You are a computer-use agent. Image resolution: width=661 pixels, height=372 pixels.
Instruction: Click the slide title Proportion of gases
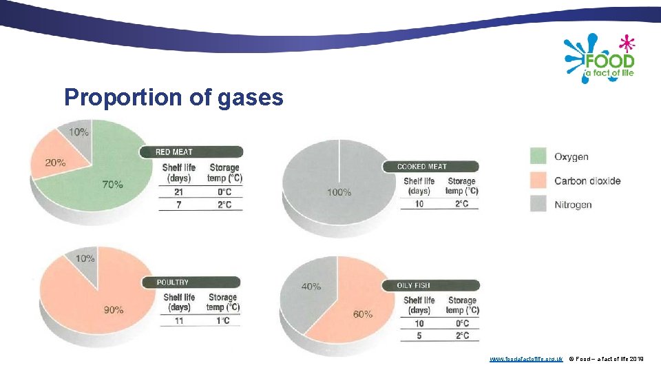174,97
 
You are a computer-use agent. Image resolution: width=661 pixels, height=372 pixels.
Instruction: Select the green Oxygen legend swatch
538,156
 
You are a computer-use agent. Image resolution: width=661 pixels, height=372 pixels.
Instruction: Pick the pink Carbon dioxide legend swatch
538,180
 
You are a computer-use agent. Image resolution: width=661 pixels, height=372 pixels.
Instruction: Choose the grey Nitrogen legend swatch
538,205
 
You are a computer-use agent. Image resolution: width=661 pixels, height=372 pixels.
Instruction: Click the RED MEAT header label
174,152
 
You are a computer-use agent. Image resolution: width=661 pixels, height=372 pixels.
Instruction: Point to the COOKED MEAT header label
422,167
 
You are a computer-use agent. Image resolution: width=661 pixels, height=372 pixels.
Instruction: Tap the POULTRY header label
172,282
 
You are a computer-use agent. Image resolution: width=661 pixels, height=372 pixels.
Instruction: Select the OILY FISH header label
414,286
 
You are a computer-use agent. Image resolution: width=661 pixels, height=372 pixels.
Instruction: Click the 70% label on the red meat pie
112,184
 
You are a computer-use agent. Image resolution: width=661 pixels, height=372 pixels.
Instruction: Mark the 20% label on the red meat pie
56,163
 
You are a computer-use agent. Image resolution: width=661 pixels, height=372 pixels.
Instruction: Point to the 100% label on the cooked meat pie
339,192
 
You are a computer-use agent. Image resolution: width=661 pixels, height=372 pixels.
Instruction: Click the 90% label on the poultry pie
114,310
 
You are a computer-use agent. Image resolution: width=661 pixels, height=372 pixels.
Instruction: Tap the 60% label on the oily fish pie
362,314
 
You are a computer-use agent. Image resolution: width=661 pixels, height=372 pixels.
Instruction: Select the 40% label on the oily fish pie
311,286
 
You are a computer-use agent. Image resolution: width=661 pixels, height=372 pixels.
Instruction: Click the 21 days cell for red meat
178,192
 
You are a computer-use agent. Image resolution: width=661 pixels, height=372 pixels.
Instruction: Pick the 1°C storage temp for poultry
222,321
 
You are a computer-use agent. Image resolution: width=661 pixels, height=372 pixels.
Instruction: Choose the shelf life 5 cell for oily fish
419,335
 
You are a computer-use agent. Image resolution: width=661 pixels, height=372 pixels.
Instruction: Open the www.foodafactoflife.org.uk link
526,359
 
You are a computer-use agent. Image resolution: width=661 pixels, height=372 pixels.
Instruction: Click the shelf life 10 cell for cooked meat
419,204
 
